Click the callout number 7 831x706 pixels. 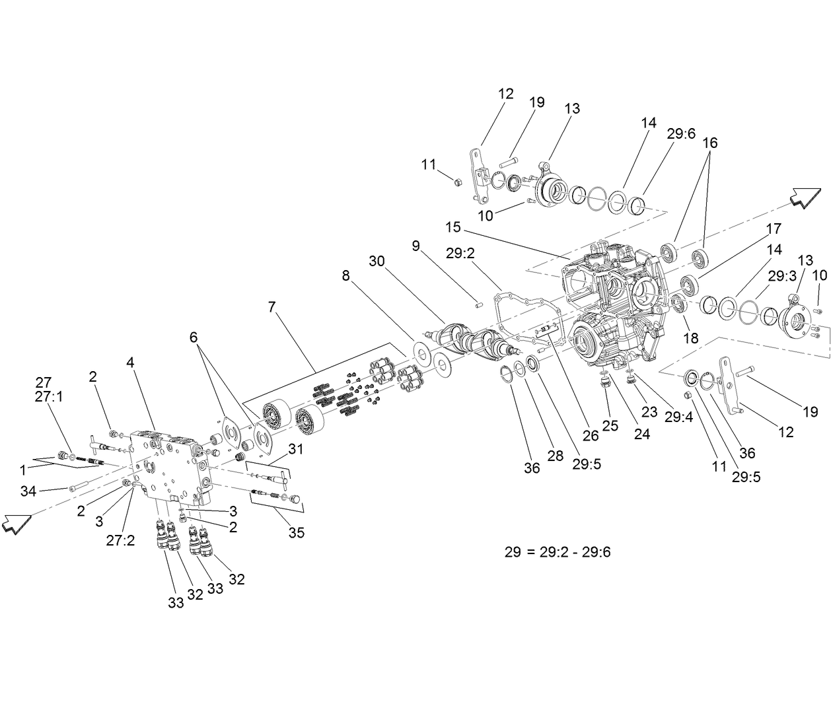[272, 307]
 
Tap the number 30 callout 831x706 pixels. [377, 261]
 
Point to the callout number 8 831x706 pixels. [346, 277]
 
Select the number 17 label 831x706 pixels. [774, 229]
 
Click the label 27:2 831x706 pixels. [120, 540]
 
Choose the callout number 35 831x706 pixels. [297, 532]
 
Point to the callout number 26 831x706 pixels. [590, 435]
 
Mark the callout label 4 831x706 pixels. [130, 362]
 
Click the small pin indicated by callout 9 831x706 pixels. [480, 304]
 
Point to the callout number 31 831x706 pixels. [295, 449]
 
